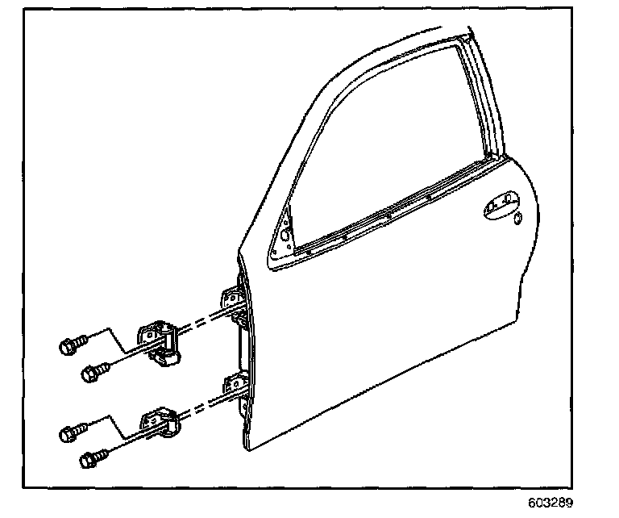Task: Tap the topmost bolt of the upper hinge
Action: coord(71,345)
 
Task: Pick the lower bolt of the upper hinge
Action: coord(93,372)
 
